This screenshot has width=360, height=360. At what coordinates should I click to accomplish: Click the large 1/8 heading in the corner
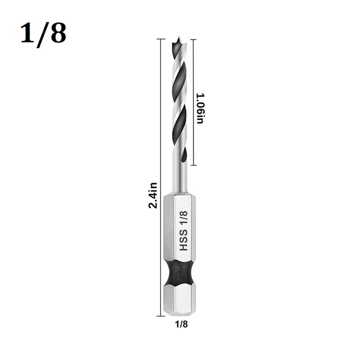pos(43,33)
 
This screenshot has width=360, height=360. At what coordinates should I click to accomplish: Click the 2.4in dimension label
pos(153,195)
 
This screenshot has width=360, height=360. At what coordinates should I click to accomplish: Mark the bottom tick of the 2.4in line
pos(160,315)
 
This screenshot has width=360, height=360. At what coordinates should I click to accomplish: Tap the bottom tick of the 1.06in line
pos(193,165)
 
